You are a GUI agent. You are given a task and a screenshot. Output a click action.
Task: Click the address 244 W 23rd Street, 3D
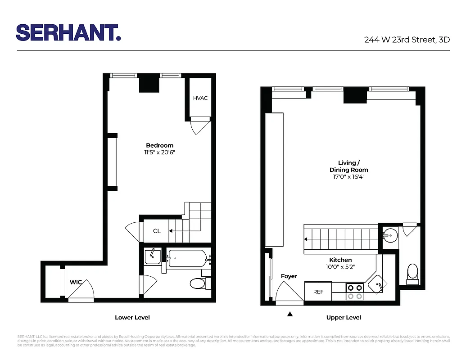(407, 40)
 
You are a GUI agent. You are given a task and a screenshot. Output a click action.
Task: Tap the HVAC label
(200, 98)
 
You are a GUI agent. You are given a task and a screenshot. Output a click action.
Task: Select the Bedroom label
(159, 145)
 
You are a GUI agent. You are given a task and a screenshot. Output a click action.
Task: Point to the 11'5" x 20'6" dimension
(159, 153)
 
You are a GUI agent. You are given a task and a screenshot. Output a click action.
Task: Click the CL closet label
(157, 231)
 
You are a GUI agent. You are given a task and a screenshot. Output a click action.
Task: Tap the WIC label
(76, 282)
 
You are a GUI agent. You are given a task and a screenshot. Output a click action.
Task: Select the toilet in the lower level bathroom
(197, 283)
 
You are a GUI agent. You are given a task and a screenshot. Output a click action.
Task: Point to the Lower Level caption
(132, 318)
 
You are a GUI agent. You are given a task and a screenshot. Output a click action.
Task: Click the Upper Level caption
(344, 318)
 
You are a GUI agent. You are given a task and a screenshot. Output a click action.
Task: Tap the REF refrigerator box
(318, 292)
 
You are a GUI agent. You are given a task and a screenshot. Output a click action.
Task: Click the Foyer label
(289, 276)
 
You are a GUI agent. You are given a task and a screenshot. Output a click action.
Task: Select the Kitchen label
(340, 260)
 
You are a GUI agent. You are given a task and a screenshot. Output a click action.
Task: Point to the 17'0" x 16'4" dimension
(348, 177)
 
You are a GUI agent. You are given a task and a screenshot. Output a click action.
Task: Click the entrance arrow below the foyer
(290, 314)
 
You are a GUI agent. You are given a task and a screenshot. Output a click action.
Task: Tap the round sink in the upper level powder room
(390, 234)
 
